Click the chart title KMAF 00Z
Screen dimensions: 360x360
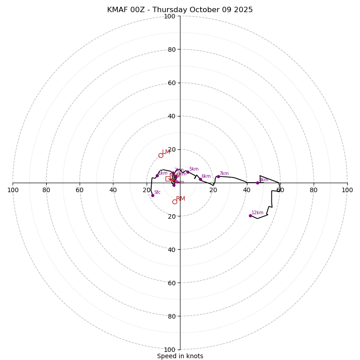(180, 10)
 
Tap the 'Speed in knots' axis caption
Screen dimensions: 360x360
(180, 356)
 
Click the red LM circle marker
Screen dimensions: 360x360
(161, 155)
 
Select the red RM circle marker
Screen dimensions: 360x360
(175, 202)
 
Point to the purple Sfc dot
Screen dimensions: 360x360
(153, 195)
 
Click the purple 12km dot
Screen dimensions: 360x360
(251, 216)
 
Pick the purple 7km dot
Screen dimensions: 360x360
(218, 176)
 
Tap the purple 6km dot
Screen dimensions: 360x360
(200, 179)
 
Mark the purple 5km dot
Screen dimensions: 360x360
(188, 172)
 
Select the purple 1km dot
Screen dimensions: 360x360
(157, 175)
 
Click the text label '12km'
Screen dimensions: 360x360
(257, 213)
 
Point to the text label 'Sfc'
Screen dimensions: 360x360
(157, 193)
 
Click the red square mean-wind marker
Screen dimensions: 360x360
(168, 179)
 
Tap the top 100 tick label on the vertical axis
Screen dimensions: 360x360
(170, 16)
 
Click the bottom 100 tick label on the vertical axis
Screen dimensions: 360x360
(170, 350)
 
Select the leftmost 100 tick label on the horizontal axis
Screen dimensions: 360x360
(13, 190)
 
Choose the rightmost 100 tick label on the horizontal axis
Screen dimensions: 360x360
(347, 190)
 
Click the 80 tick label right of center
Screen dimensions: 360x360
(314, 190)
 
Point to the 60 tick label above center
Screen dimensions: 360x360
(171, 83)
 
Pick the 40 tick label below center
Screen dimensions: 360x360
(171, 249)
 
